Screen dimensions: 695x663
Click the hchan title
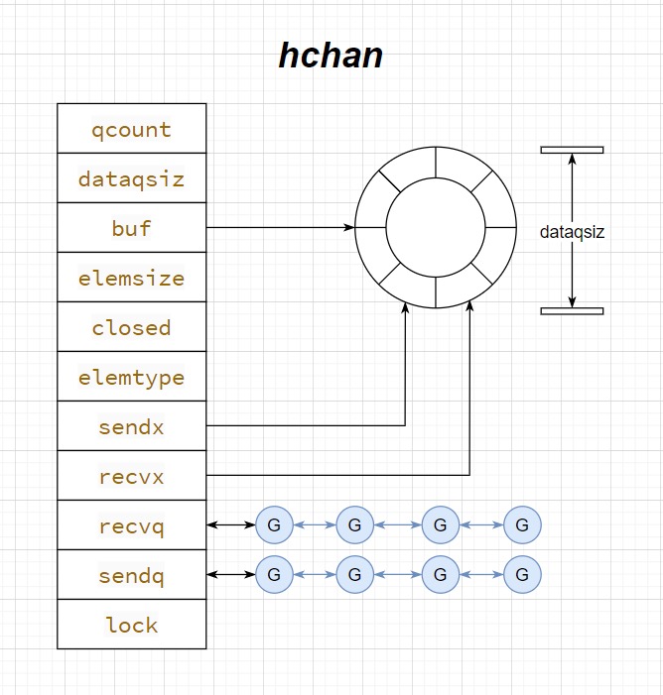point(331,56)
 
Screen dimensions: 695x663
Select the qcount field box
point(132,129)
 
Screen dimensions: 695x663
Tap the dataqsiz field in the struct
point(132,178)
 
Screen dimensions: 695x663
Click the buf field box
point(132,228)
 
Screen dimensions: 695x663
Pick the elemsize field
point(132,278)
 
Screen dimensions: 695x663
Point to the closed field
point(132,327)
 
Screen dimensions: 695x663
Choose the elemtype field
point(132,377)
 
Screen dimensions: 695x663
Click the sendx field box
point(132,426)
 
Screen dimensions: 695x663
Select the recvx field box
point(132,476)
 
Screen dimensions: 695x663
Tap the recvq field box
point(132,525)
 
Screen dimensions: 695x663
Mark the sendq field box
point(132,575)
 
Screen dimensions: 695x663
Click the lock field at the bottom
point(132,625)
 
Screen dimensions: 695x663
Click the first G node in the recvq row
point(274,524)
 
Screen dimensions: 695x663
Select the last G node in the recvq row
point(522,524)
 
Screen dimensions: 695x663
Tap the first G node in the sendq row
point(274,574)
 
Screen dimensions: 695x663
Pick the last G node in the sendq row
point(522,574)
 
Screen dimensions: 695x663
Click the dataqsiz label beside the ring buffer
point(572,232)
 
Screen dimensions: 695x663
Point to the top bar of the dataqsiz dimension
point(572,150)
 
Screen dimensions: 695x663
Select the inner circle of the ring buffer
point(435,227)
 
